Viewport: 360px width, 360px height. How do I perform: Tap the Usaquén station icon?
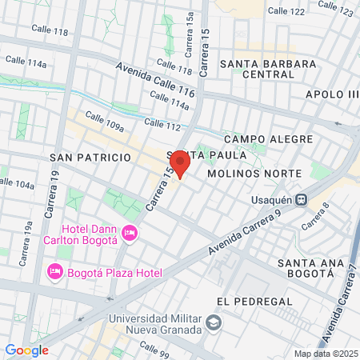[302, 200]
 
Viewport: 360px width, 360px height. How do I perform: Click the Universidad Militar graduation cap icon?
[214, 322]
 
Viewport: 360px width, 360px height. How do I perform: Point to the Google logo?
[26, 350]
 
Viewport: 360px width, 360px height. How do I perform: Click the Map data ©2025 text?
[326, 354]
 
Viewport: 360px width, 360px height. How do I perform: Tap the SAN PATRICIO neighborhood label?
[90, 158]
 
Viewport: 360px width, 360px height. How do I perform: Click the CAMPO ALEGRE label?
[268, 139]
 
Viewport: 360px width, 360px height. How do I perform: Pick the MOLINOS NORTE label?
[254, 174]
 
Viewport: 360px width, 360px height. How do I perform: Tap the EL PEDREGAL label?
[249, 301]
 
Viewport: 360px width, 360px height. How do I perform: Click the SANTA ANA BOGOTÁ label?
[304, 268]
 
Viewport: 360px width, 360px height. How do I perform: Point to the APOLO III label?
[332, 94]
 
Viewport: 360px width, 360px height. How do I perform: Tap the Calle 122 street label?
[286, 12]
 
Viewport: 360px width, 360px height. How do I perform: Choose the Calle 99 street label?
[153, 348]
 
